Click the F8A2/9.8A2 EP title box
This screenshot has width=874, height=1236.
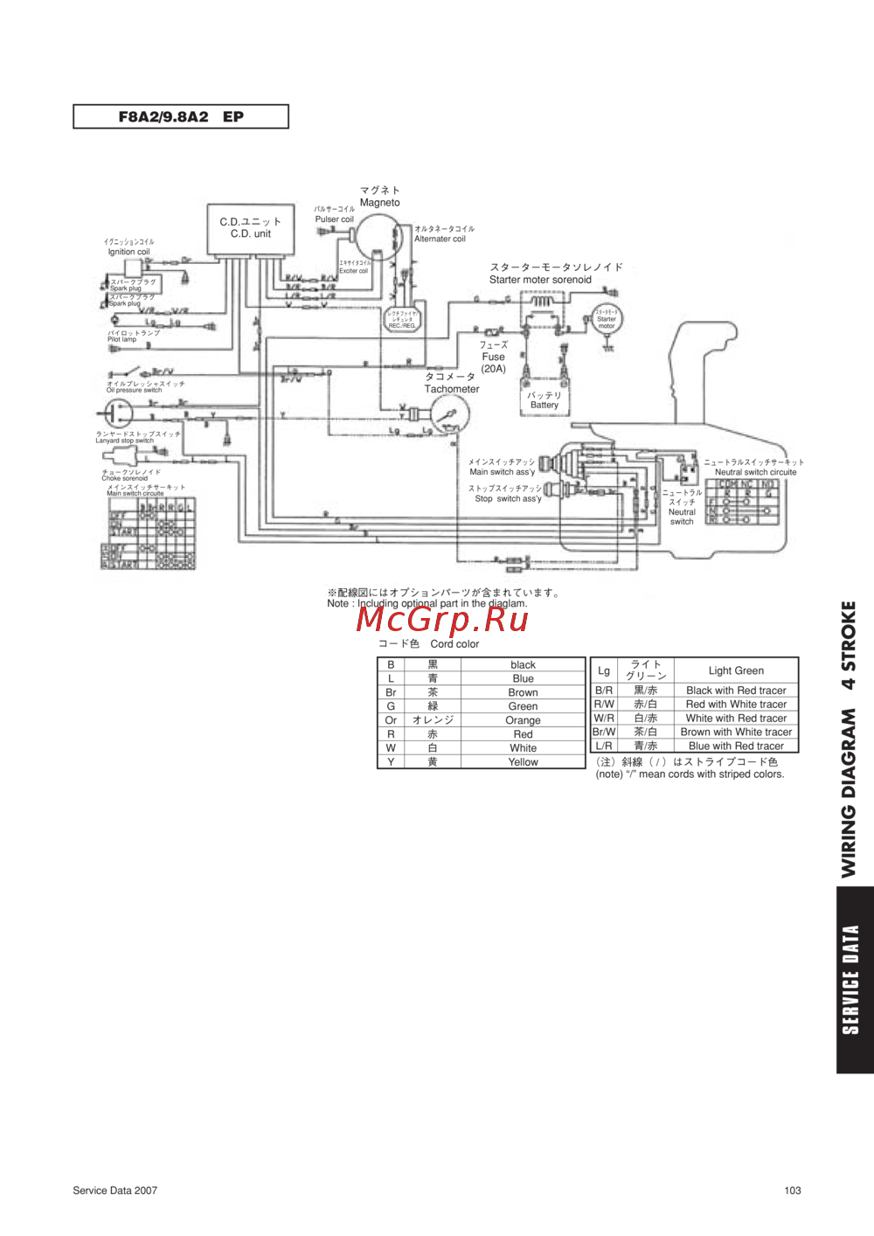pyautogui.click(x=181, y=116)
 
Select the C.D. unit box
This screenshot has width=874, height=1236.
pyautogui.click(x=250, y=229)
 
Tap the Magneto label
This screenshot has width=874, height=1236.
pyautogui.click(x=380, y=202)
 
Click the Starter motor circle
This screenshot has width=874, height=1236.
pyautogui.click(x=606, y=319)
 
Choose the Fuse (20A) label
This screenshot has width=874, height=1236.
pyautogui.click(x=493, y=358)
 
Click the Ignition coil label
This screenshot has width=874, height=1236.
pyautogui.click(x=128, y=252)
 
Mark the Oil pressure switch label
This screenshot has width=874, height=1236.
pyautogui.click(x=135, y=390)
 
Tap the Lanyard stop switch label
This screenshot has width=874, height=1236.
pyautogui.click(x=124, y=441)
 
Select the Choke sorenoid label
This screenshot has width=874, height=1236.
pyautogui.click(x=125, y=478)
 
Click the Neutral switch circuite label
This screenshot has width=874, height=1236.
pyautogui.click(x=755, y=472)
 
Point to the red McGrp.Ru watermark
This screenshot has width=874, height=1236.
pyautogui.click(x=442, y=619)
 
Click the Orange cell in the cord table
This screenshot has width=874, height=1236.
pyautogui.click(x=523, y=720)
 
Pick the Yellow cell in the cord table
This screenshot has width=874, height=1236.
pyautogui.click(x=523, y=762)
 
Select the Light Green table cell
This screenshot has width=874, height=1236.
pyautogui.click(x=736, y=670)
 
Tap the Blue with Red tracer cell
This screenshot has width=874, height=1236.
pyautogui.click(x=736, y=746)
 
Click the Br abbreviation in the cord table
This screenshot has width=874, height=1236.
pyautogui.click(x=391, y=692)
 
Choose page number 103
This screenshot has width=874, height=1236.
pyautogui.click(x=793, y=1190)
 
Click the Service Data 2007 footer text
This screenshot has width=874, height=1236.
pyautogui.click(x=115, y=1190)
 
